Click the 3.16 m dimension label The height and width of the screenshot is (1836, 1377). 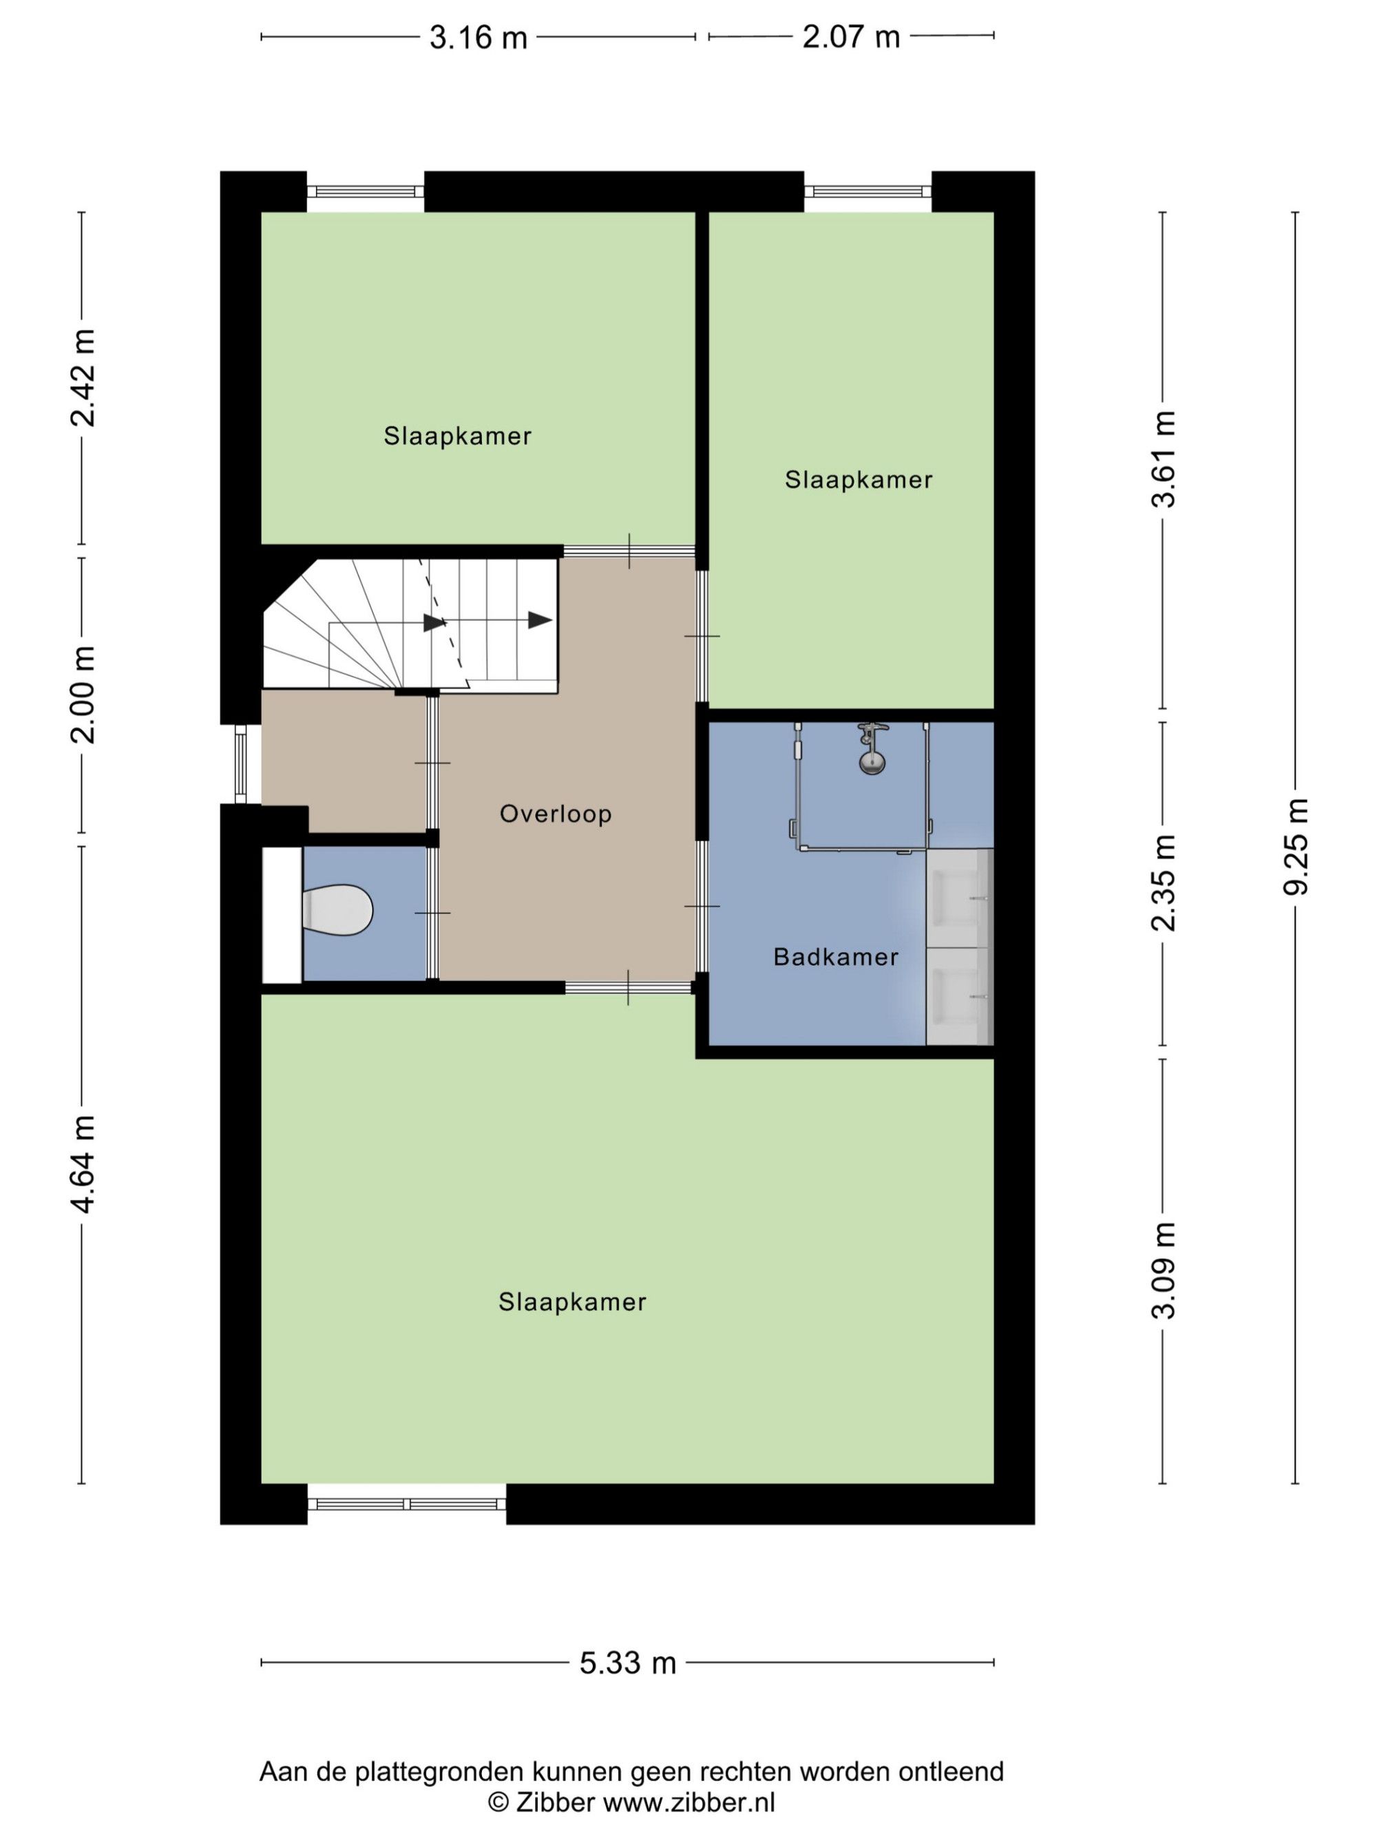click(x=478, y=37)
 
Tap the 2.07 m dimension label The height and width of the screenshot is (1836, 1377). click(x=851, y=36)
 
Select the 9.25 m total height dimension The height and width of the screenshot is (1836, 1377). click(x=1295, y=847)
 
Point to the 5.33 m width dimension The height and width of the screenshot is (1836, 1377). click(x=627, y=1663)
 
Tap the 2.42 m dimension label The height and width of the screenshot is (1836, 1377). click(x=83, y=378)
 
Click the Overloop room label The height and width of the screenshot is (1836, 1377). click(x=556, y=814)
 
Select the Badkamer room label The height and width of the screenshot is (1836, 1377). click(x=835, y=957)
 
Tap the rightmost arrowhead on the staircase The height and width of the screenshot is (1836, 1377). click(x=540, y=620)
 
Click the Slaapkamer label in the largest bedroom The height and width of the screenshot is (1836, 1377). click(x=572, y=1302)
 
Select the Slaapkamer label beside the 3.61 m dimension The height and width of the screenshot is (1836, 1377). click(x=859, y=480)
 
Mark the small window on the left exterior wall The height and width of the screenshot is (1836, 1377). click(x=241, y=763)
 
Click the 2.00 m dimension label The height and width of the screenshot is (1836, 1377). click(x=83, y=694)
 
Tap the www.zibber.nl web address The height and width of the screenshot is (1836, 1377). click(x=689, y=1802)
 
